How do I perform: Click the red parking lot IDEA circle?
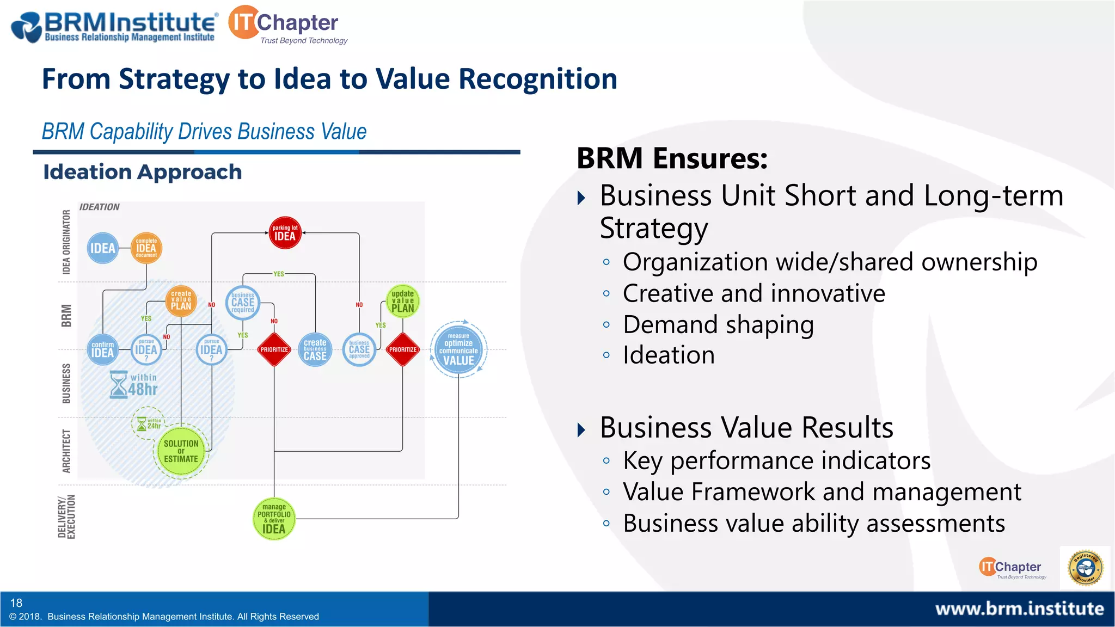pos(285,233)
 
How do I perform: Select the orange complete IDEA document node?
pos(146,248)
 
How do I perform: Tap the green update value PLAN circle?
pos(402,301)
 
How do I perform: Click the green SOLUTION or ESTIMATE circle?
pos(181,451)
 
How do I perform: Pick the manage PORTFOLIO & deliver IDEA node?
pos(274,519)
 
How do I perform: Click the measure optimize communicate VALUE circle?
pos(458,349)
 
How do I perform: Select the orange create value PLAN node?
pos(181,300)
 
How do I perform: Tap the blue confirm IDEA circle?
pos(102,349)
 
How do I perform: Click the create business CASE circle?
pos(315,349)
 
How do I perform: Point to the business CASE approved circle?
pos(359,349)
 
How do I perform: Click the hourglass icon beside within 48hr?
pos(118,385)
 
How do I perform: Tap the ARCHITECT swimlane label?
pos(66,451)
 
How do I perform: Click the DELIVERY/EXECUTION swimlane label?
pos(66,517)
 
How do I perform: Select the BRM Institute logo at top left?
pos(114,26)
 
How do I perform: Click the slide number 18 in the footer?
pos(16,603)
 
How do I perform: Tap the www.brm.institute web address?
pos(1019,608)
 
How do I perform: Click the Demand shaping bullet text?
pos(718,325)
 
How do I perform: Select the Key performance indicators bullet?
pos(776,461)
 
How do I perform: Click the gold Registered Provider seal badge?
pos(1085,568)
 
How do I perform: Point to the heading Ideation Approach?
pos(143,172)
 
